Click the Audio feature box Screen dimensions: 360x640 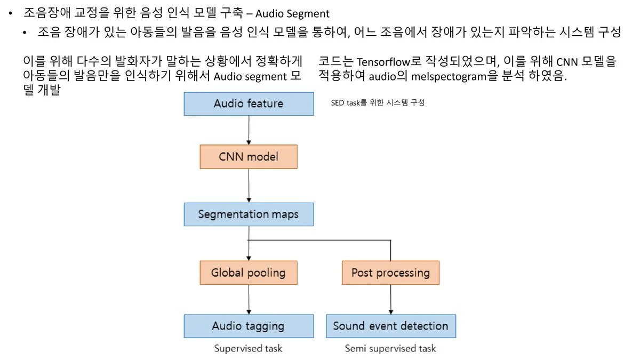[x=249, y=103]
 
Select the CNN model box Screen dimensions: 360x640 [x=249, y=157]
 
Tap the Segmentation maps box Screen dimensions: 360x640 [x=249, y=214]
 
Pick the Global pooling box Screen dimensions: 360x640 [x=249, y=273]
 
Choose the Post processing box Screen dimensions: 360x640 [x=390, y=273]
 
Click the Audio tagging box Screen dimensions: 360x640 [x=249, y=326]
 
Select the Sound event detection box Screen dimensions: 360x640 [x=390, y=326]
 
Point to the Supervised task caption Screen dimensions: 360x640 [x=248, y=349]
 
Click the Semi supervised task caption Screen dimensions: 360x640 [x=390, y=349]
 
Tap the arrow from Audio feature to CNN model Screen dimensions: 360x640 [x=249, y=130]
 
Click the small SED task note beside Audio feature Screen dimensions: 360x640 [x=378, y=103]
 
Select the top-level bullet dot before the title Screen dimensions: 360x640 [x=10, y=13]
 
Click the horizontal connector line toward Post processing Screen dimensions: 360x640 [x=320, y=240]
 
